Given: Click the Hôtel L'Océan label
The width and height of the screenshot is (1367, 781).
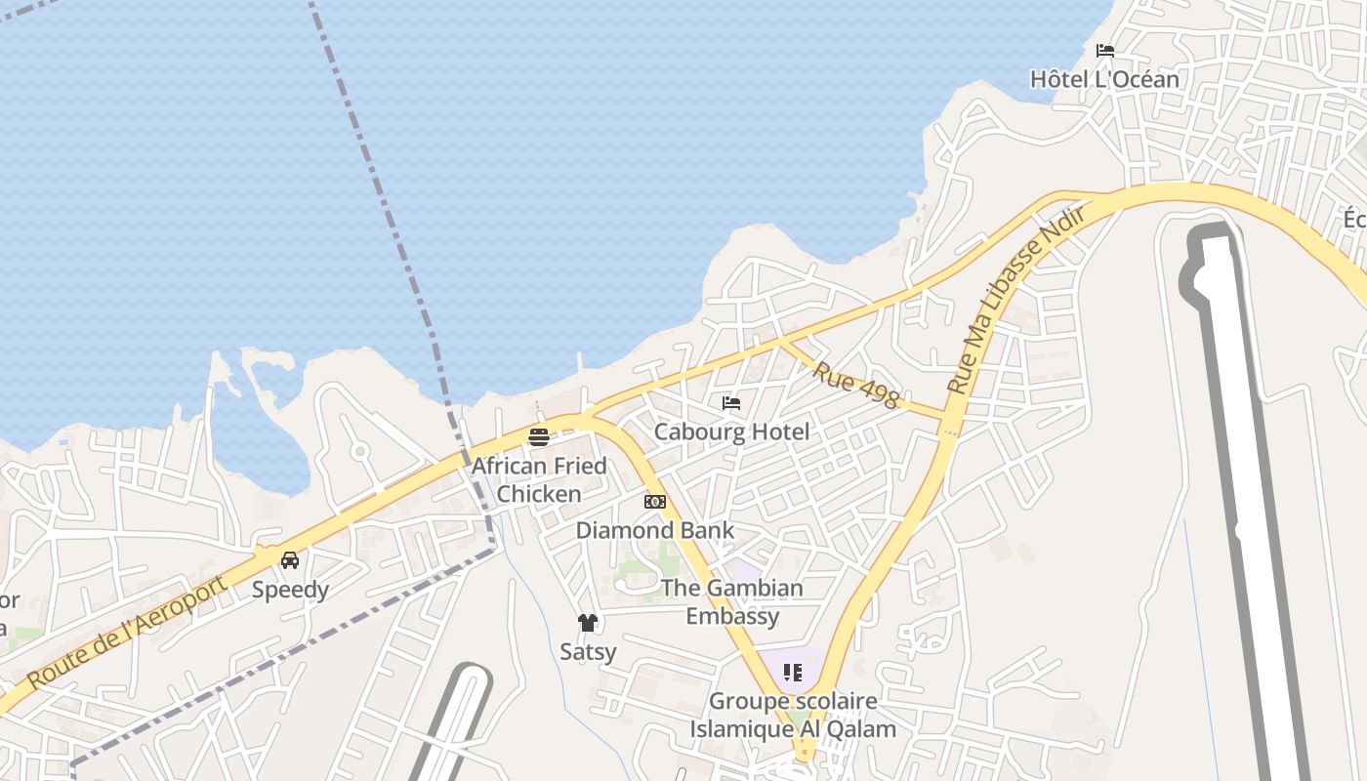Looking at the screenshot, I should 1104,79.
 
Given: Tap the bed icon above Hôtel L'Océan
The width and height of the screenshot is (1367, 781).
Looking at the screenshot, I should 1105,51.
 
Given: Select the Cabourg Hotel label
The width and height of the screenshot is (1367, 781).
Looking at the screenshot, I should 731,432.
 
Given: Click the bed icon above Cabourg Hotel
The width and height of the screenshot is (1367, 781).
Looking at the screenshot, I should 731,403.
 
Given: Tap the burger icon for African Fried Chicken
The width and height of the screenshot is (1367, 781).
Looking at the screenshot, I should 539,436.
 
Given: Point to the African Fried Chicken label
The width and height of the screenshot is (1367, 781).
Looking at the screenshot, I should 539,479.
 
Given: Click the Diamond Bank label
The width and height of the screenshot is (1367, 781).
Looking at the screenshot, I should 654,530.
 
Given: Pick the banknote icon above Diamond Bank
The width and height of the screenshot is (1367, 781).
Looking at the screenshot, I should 655,502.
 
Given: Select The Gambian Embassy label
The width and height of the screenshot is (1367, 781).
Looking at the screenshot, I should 732,601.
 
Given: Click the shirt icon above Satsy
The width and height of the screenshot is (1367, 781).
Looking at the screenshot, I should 588,623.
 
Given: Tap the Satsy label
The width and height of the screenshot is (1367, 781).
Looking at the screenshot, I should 588,651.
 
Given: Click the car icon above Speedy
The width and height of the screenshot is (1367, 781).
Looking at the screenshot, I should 290,560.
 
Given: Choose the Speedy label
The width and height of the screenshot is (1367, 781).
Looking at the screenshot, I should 290,590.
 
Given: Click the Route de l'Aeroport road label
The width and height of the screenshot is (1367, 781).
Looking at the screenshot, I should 127,632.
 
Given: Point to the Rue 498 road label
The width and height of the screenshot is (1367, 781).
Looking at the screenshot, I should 855,386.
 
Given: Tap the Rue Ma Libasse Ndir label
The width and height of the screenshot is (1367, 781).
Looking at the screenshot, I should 1016,300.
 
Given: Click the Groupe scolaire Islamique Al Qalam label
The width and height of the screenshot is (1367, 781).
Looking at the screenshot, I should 793,715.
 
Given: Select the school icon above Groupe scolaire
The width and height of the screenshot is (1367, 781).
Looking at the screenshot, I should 793,673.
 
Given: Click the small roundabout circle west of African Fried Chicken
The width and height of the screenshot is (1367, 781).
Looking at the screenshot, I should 359,450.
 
